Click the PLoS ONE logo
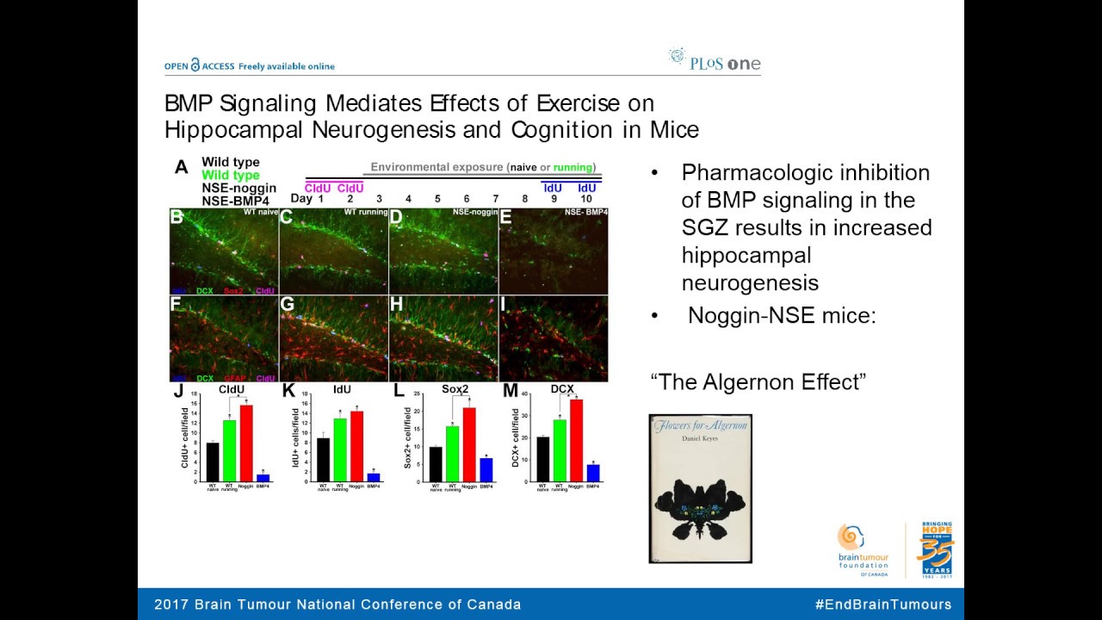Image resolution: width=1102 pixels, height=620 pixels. click(715, 61)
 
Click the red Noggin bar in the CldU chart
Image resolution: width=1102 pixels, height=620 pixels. click(246, 443)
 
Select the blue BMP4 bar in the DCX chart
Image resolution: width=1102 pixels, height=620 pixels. click(593, 473)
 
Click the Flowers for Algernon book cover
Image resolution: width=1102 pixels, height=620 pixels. click(700, 488)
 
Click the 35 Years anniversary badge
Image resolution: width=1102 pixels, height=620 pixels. click(936, 549)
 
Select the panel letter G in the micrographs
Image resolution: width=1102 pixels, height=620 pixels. click(288, 304)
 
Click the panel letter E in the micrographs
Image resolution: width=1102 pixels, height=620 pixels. click(506, 217)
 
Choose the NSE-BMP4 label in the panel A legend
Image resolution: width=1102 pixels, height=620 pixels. click(235, 200)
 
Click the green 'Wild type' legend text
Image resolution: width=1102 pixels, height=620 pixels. click(230, 175)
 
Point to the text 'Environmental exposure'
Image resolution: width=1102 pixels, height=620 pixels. click(437, 167)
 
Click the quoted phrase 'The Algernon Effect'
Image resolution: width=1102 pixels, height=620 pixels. click(758, 381)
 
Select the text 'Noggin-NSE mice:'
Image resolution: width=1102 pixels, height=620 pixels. click(782, 316)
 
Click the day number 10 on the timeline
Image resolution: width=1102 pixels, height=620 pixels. click(585, 199)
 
